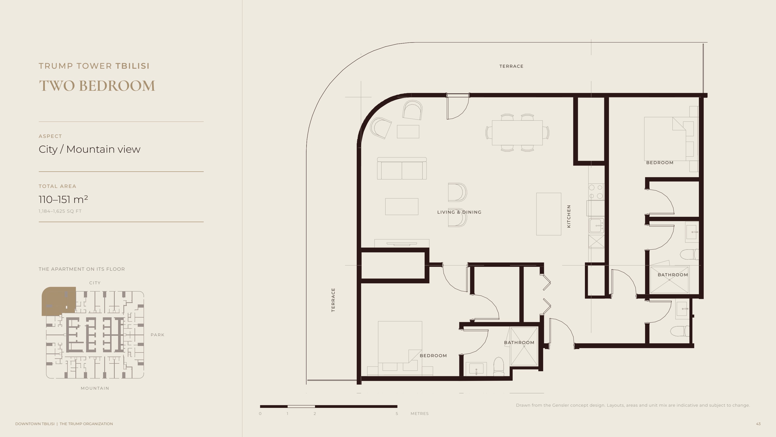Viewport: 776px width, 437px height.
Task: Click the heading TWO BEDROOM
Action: tap(97, 86)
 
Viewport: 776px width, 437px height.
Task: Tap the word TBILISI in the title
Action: tap(133, 66)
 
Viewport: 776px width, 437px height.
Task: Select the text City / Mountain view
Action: tap(89, 149)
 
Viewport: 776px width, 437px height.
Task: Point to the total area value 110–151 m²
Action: tap(63, 199)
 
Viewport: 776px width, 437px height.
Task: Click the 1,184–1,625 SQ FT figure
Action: tap(60, 211)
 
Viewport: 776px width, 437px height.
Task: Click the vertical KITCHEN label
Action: tap(569, 216)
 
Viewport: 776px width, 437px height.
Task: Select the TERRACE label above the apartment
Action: tap(511, 66)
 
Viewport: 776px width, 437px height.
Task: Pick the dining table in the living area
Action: tap(517, 133)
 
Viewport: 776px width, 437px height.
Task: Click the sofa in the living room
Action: tap(402, 168)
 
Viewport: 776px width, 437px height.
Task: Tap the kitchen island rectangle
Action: tap(549, 214)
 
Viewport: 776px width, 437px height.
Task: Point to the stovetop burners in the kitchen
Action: tap(596, 192)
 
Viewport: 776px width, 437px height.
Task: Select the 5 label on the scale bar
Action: tap(397, 413)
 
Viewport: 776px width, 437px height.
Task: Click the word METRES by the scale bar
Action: tap(419, 413)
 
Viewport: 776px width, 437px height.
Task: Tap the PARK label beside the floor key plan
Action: tap(158, 335)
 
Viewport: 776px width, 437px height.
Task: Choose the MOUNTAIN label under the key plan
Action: tap(95, 388)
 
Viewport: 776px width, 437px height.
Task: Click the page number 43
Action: tap(758, 424)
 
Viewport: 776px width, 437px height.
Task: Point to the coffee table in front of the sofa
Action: tap(402, 207)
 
